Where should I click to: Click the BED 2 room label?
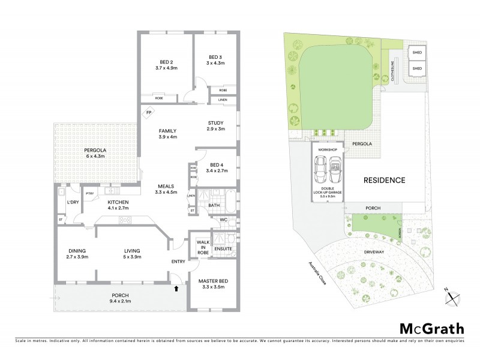pos(166,62)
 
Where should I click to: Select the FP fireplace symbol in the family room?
pos(148,112)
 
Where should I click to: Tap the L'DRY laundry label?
pos(73,202)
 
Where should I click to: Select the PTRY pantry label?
pos(90,193)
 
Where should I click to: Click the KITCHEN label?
pos(119,202)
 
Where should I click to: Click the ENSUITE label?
pos(224,248)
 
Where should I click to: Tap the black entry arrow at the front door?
pos(176,289)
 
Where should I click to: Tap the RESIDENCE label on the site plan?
pos(384,179)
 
